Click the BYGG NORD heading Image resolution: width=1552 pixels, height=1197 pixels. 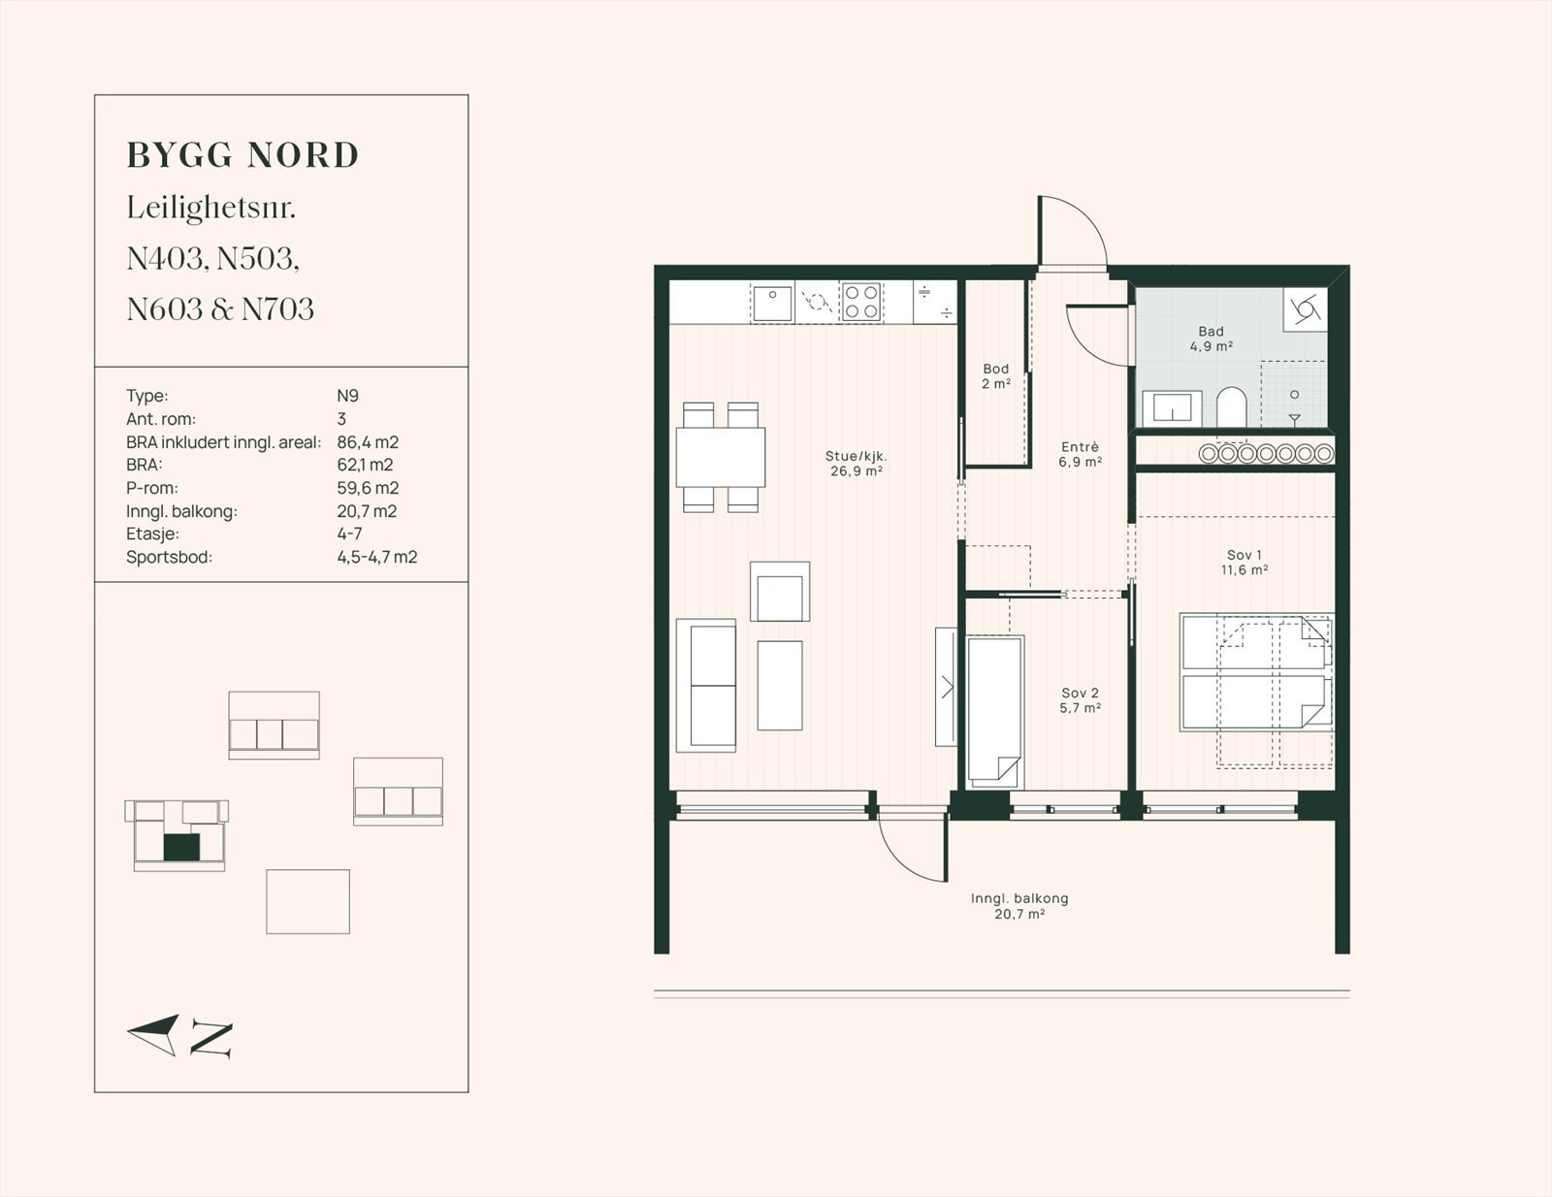click(x=242, y=156)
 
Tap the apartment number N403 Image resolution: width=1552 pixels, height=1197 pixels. click(x=167, y=259)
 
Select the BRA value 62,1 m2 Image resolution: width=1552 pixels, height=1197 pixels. click(x=365, y=465)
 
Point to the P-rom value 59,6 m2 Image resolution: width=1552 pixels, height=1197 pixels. click(x=368, y=488)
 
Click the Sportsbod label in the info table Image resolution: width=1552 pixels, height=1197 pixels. click(x=170, y=557)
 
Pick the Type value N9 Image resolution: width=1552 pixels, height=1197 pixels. click(x=348, y=396)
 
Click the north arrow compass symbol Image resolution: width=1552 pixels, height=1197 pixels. click(x=179, y=1036)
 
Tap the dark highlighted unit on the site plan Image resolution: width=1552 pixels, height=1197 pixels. click(x=181, y=847)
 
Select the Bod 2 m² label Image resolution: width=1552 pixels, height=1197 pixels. click(x=995, y=375)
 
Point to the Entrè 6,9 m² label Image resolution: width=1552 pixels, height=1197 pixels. click(x=1080, y=454)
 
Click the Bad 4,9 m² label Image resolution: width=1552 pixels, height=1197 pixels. click(x=1212, y=339)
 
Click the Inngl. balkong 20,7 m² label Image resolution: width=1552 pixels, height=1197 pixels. click(x=1019, y=906)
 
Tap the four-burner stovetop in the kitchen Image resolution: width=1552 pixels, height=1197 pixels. click(x=860, y=302)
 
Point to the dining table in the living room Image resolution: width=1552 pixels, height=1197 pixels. click(x=721, y=457)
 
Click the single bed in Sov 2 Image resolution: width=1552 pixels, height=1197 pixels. click(x=995, y=711)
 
